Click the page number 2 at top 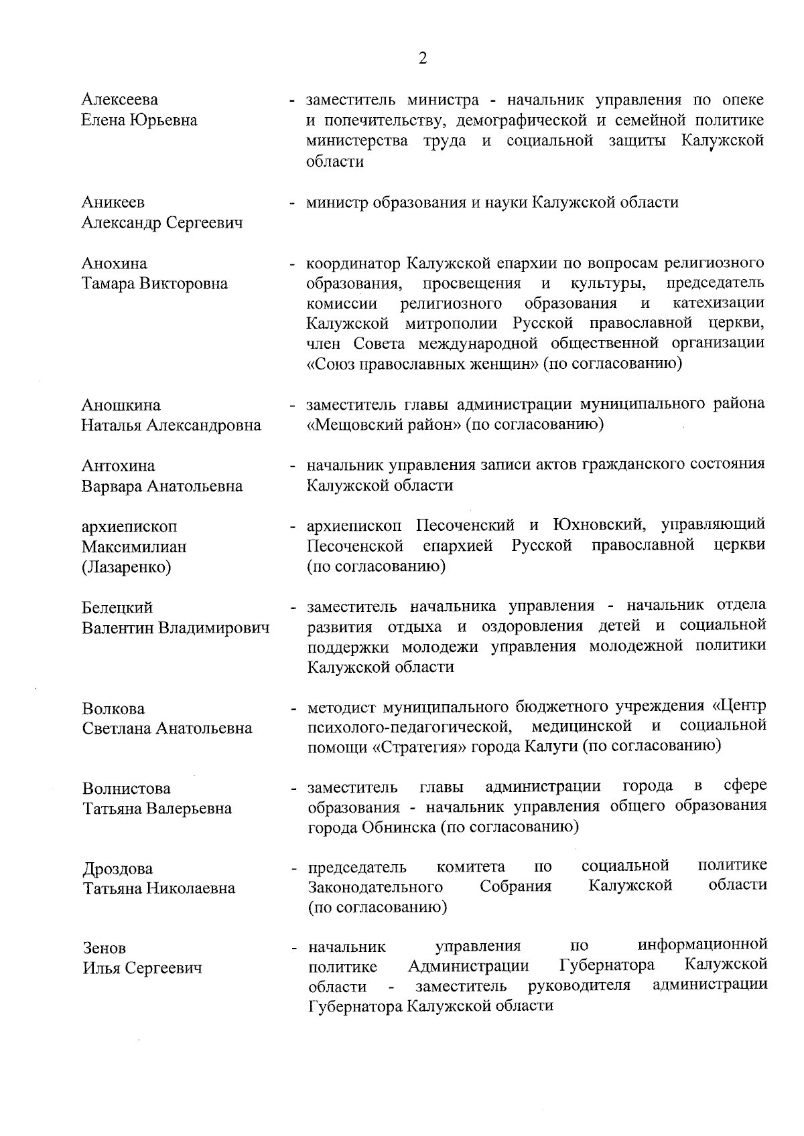tap(422, 58)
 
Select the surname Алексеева tap(120, 100)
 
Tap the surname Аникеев tap(113, 202)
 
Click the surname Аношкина tap(121, 406)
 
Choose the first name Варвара tap(110, 487)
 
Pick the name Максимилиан tap(134, 547)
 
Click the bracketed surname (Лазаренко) tap(127, 568)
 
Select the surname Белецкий tap(117, 608)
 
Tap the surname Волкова tap(113, 709)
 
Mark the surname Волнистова tap(127, 789)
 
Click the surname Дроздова tap(118, 869)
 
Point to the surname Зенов tap(105, 949)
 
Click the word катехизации tap(718, 303)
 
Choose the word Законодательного tap(375, 887)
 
